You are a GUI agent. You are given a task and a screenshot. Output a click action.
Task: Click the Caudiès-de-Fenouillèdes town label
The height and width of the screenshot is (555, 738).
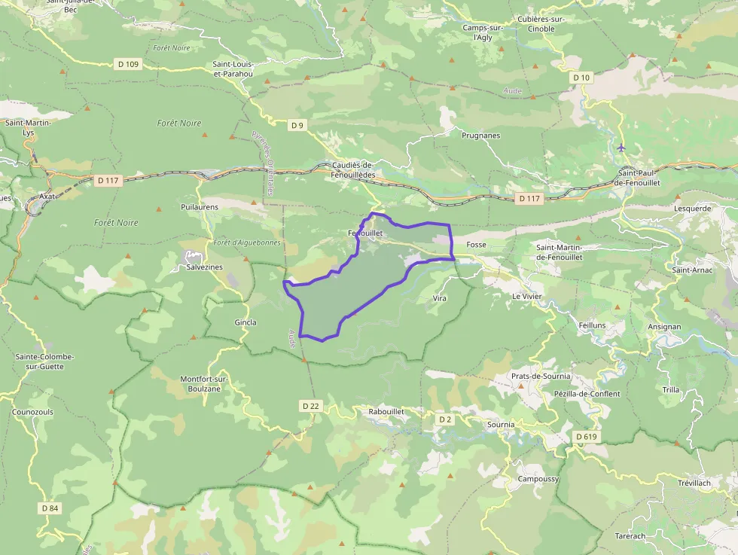(x=353, y=169)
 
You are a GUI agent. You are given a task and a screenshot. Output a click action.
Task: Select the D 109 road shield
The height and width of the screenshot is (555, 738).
(x=127, y=64)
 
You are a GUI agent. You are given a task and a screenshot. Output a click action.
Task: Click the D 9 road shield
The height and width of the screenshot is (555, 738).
(x=297, y=125)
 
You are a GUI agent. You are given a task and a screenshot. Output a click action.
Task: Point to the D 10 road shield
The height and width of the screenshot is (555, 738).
(x=581, y=78)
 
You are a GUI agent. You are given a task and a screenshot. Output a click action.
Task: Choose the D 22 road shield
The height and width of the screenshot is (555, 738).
(x=311, y=406)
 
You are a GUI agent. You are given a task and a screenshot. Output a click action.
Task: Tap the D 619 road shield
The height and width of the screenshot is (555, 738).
(x=586, y=437)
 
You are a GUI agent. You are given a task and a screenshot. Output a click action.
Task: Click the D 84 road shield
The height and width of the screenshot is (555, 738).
(x=50, y=508)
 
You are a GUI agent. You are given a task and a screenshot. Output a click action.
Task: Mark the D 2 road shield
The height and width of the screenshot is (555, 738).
(x=445, y=419)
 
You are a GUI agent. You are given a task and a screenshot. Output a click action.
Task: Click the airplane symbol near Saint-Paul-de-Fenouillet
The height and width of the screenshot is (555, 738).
(x=621, y=147)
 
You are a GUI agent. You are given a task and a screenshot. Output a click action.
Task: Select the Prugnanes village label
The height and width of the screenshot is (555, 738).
(x=480, y=136)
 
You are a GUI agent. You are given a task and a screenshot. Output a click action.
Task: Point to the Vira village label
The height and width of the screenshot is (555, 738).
(x=440, y=298)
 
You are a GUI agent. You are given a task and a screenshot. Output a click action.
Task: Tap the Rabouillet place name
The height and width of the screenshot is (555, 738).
(x=387, y=412)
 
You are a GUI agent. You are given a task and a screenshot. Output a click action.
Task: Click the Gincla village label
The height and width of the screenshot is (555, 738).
(x=245, y=322)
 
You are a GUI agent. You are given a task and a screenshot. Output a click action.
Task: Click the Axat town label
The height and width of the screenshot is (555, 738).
(x=47, y=196)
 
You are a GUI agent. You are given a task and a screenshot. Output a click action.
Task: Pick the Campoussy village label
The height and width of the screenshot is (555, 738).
(x=538, y=479)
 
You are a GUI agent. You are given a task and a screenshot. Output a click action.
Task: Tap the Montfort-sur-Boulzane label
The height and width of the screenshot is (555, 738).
(x=203, y=383)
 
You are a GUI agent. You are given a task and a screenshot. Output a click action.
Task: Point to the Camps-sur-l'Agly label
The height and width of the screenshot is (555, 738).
(x=483, y=32)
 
